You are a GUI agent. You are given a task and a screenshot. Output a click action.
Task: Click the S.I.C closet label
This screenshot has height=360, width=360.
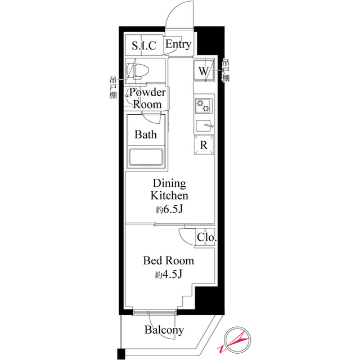tap(143, 46)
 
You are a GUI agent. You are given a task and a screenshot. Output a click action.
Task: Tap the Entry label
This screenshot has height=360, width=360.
tap(178, 44)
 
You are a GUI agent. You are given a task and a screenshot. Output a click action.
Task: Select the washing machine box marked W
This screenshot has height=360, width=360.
tap(204, 71)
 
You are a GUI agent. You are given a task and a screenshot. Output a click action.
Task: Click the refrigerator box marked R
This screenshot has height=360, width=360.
tap(204, 145)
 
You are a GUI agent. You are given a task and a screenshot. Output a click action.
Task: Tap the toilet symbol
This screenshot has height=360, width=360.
tap(139, 71)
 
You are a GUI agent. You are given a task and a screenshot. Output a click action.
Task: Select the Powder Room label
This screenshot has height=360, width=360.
tap(147, 98)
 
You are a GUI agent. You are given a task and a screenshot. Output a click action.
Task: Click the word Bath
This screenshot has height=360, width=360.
tap(145, 135)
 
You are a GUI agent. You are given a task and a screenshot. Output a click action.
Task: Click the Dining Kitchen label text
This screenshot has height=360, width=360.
tap(169, 190)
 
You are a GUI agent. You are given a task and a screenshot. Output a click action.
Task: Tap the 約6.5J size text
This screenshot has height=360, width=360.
tap(169, 209)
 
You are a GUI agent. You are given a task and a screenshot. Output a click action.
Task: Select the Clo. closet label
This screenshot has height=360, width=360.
tap(206, 238)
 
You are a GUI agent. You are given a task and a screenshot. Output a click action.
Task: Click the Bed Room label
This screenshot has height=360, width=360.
tap(168, 261)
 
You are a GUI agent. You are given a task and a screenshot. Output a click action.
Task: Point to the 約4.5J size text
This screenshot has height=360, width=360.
tap(168, 274)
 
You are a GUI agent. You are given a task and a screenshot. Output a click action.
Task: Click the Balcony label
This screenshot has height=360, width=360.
tap(164, 330)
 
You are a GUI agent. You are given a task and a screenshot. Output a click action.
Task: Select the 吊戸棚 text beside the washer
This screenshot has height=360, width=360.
tap(226, 71)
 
